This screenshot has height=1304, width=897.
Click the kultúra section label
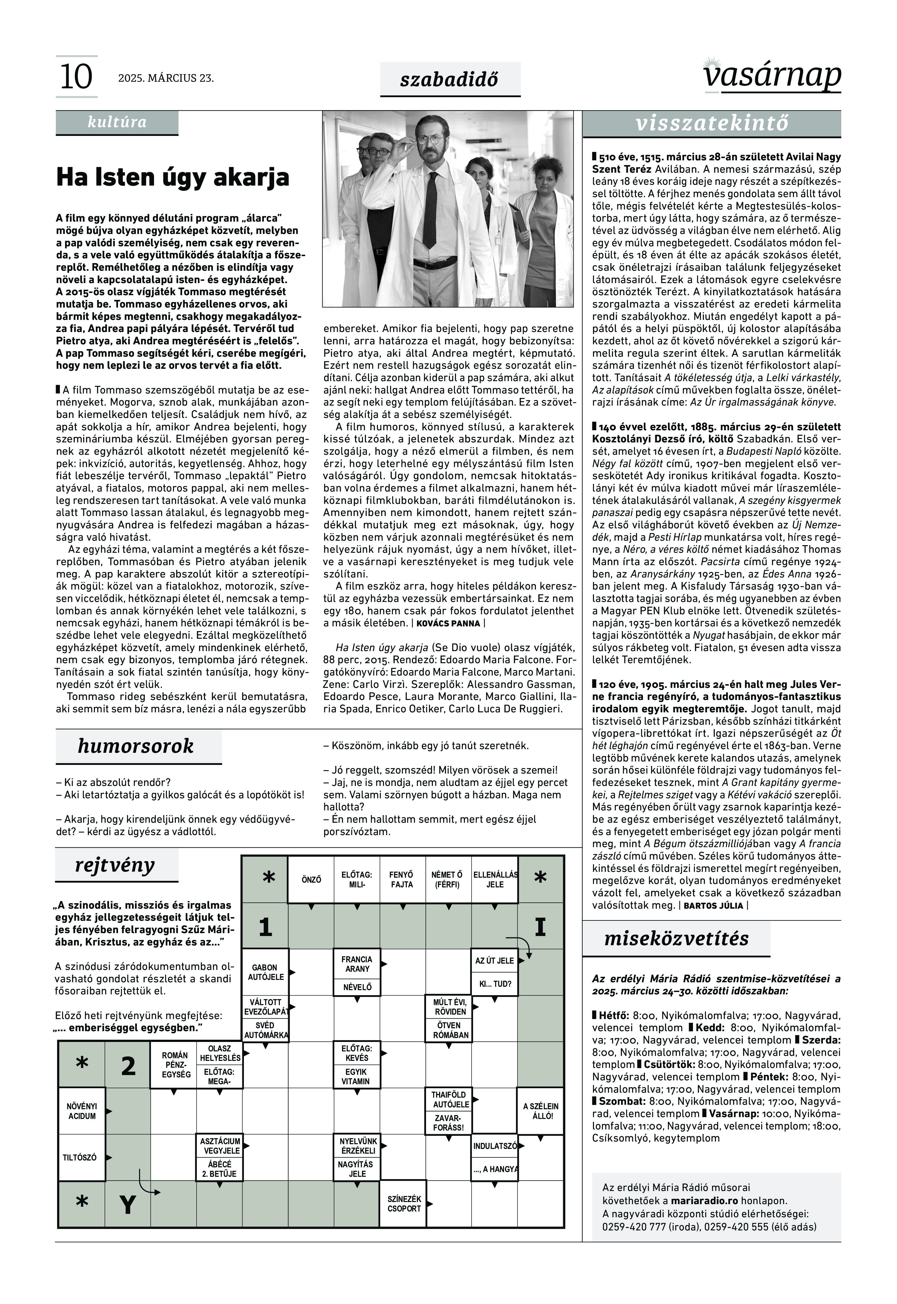point(117,122)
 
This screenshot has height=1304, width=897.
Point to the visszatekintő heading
point(711,124)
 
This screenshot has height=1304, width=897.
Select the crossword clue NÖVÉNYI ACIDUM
point(82,1111)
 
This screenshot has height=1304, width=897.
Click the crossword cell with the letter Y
point(128,1205)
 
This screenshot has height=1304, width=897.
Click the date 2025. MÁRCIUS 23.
point(166,78)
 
